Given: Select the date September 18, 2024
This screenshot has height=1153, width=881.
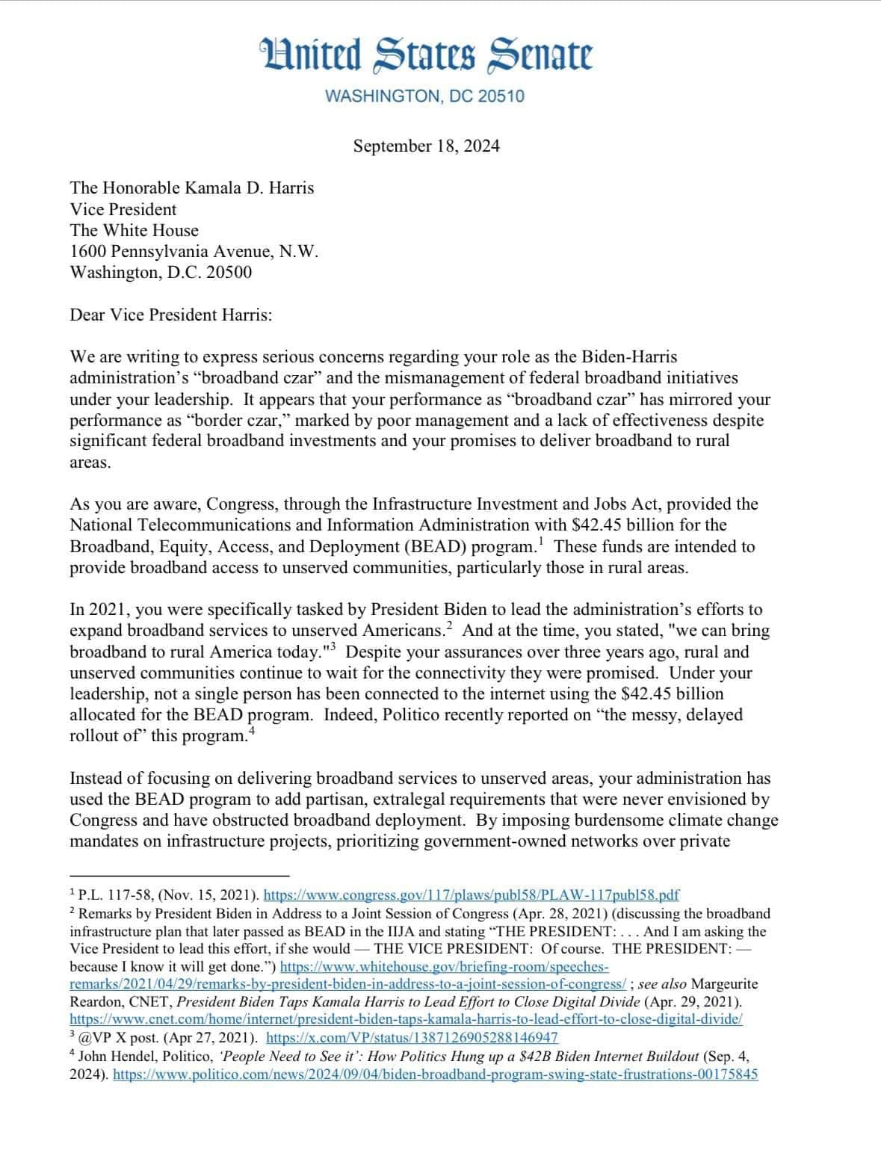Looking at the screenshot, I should (x=426, y=146).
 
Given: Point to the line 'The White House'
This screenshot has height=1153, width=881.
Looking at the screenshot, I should (x=135, y=230).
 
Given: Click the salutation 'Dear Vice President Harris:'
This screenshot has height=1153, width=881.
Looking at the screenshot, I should (x=171, y=315).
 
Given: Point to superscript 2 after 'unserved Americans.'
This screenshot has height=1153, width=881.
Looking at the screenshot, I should (x=449, y=624).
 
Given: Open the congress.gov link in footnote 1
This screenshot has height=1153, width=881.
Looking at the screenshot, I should (x=472, y=894).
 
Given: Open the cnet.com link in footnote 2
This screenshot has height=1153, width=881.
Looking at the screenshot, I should (x=406, y=1018).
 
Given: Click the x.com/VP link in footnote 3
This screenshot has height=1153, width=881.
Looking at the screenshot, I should (x=412, y=1038).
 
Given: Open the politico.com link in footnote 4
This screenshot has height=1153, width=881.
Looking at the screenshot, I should (x=435, y=1075).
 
